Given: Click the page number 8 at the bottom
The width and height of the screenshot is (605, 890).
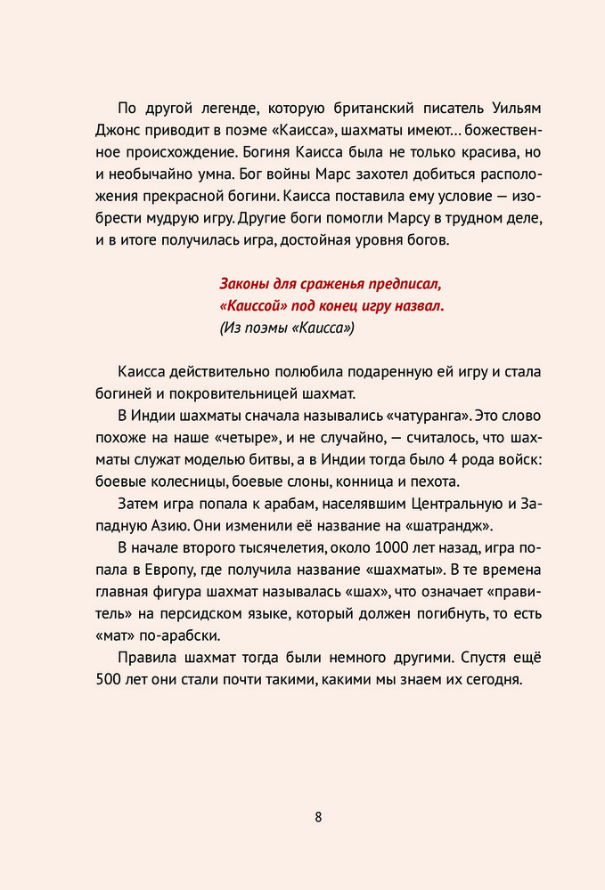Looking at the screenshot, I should point(318,819).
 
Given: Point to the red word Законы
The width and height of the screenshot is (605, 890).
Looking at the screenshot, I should point(247,285).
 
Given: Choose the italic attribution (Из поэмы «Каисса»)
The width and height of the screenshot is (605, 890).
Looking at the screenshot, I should point(287,328).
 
